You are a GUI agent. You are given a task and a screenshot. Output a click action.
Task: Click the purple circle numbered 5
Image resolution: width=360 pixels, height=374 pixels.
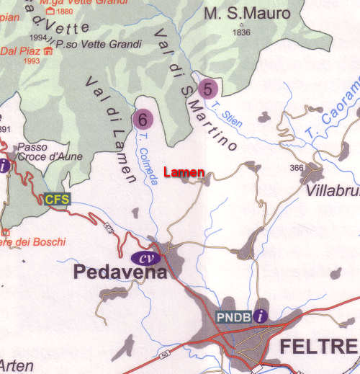pyautogui.click(x=208, y=89)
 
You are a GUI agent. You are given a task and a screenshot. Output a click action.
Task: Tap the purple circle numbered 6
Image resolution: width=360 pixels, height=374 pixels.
pyautogui.click(x=143, y=117)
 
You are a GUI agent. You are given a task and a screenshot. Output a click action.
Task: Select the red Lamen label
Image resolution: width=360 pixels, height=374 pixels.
pyautogui.click(x=184, y=172)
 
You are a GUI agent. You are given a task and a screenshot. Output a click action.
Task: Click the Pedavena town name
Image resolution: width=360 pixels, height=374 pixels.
pyautogui.click(x=119, y=273)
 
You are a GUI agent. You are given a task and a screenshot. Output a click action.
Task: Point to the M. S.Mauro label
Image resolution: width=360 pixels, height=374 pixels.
pyautogui.click(x=247, y=14)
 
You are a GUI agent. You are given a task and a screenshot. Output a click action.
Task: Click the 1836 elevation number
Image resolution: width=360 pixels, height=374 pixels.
pyautogui.click(x=241, y=32)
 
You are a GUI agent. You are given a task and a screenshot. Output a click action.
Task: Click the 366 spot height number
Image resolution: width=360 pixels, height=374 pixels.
pyautogui.click(x=295, y=167)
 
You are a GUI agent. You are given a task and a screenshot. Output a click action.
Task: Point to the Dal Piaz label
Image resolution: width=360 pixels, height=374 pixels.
pyautogui.click(x=20, y=51)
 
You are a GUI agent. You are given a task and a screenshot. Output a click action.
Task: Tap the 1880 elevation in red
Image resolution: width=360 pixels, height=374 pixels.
pyautogui.click(x=64, y=12)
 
